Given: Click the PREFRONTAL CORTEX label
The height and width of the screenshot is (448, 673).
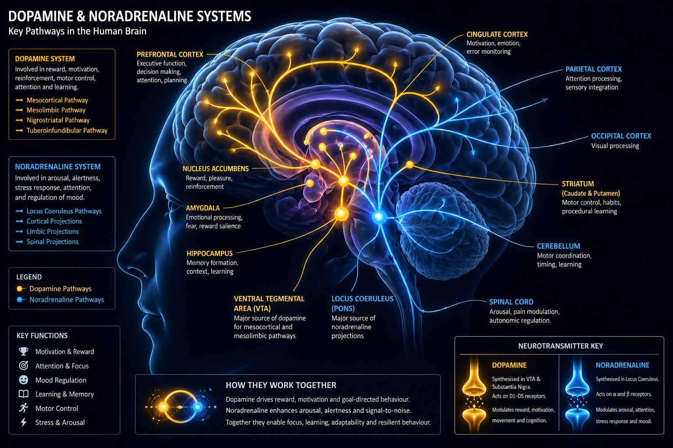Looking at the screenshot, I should (x=170, y=55).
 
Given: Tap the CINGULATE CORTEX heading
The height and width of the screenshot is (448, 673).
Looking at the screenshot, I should (x=497, y=35).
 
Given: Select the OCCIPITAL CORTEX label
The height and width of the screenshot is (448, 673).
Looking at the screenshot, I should (x=621, y=136).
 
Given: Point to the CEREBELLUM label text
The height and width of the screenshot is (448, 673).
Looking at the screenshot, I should (x=558, y=246).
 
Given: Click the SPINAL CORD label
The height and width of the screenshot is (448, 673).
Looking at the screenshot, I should (x=511, y=302).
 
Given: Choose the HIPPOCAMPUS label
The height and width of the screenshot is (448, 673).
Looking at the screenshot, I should (x=209, y=253).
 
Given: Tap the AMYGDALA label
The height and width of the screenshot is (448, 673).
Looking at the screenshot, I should (x=202, y=208).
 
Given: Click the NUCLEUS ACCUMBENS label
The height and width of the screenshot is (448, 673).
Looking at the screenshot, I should (x=215, y=169).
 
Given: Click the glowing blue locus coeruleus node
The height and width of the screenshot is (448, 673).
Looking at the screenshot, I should (x=379, y=217).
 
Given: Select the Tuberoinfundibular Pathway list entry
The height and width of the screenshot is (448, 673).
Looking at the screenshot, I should (x=67, y=130).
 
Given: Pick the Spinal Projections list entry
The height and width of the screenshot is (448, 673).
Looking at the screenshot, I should (x=52, y=241).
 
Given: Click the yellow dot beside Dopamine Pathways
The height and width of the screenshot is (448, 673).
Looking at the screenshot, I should (x=19, y=289).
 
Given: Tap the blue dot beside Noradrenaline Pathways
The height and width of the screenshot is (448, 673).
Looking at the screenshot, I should (x=19, y=300).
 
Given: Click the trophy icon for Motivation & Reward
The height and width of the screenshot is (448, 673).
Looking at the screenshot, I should (x=24, y=351).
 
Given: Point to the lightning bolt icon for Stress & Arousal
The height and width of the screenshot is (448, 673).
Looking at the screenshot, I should (x=24, y=422).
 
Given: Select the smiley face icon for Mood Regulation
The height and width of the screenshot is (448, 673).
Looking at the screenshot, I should (x=24, y=380).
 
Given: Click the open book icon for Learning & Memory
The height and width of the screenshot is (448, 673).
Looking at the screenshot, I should (x=24, y=394).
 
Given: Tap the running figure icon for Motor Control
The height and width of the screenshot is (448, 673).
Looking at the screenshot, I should (x=24, y=408).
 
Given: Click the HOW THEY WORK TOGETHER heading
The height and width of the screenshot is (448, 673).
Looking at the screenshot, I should (x=281, y=385).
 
